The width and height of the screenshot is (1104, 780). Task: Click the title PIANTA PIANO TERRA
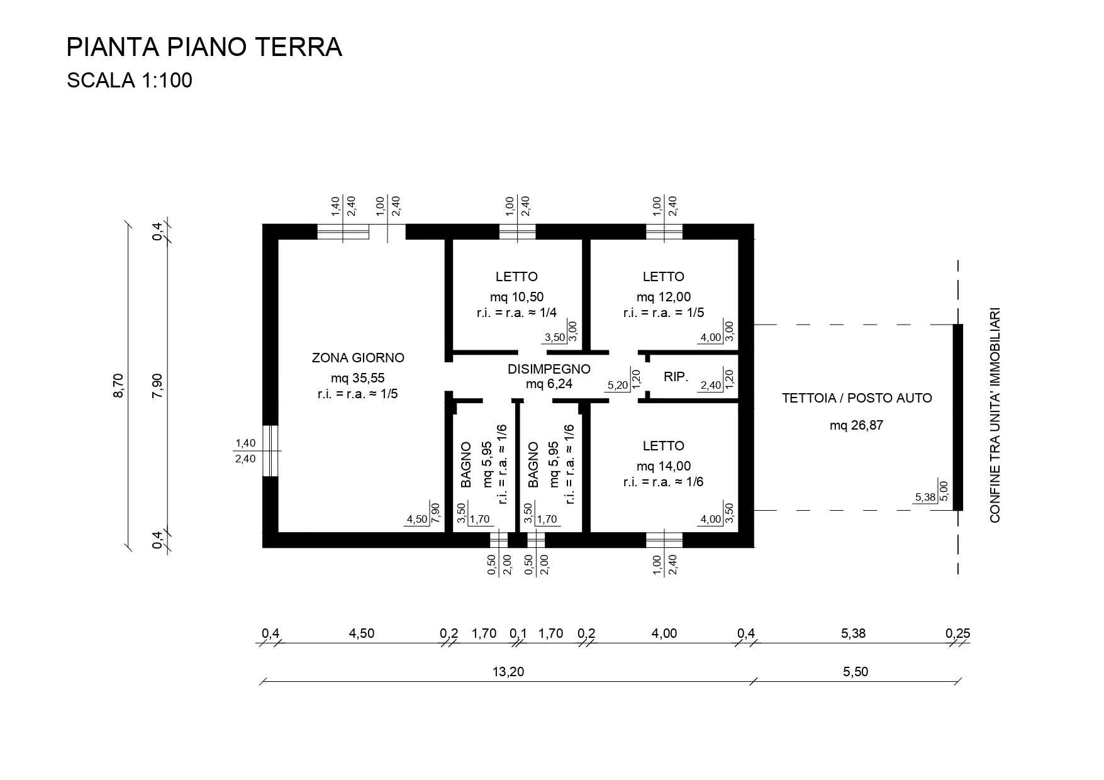tap(204, 47)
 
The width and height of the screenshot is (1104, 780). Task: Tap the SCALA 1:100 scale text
tap(130, 81)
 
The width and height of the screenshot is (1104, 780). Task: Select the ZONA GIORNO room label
tap(358, 358)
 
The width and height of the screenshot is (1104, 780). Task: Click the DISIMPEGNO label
tap(549, 369)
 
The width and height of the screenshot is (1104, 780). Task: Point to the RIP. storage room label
tap(676, 377)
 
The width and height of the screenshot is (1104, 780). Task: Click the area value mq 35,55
tap(357, 377)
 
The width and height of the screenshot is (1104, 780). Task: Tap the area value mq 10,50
tap(516, 297)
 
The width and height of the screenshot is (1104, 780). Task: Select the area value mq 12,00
tap(664, 297)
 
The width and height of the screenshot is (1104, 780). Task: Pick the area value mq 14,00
tap(664, 466)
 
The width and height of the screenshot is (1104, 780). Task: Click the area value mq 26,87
tap(856, 425)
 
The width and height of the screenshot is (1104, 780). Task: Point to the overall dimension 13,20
tap(508, 672)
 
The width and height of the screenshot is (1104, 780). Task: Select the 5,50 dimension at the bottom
tap(856, 672)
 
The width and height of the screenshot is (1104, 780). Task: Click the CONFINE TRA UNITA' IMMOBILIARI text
tap(995, 415)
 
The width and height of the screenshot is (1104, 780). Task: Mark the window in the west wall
tap(270, 451)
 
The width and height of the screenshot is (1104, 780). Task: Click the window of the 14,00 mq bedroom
tap(664, 540)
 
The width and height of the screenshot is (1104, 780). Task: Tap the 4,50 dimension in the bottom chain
tap(362, 633)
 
